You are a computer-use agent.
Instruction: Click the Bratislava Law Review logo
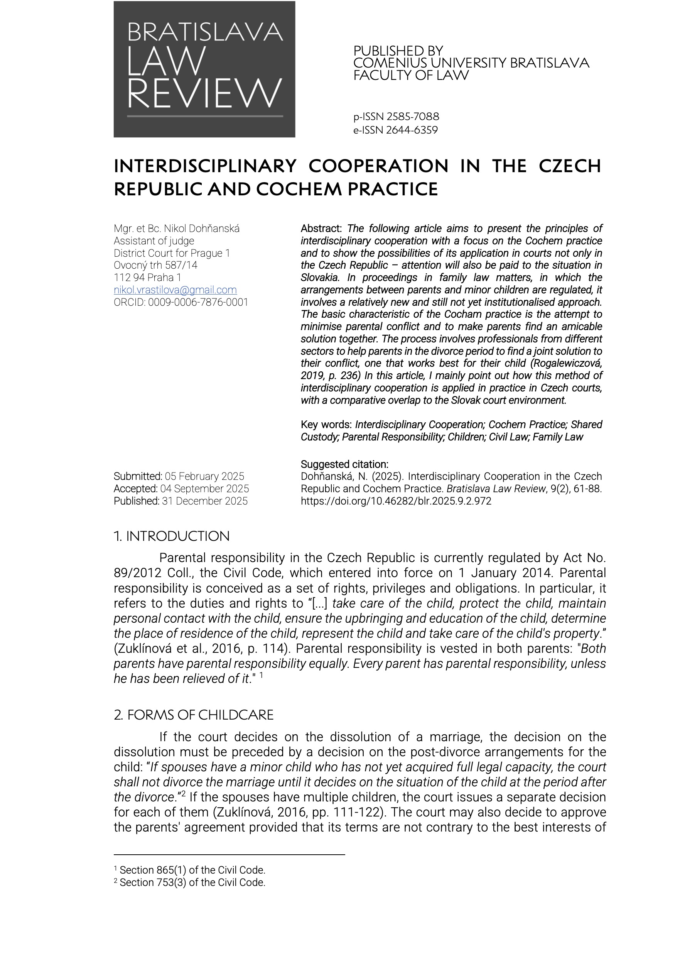pyautogui.click(x=204, y=69)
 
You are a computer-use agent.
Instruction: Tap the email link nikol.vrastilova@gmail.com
pyautogui.click(x=175, y=290)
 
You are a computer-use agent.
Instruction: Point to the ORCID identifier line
pyautogui.click(x=181, y=302)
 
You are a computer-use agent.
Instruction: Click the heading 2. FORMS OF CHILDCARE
pyautogui.click(x=194, y=715)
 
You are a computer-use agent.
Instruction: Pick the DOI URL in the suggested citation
pyautogui.click(x=396, y=501)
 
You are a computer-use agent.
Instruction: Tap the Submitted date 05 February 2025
pyautogui.click(x=204, y=476)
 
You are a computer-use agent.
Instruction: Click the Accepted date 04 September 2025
pyautogui.click(x=204, y=488)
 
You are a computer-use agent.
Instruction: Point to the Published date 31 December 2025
pyautogui.click(x=205, y=501)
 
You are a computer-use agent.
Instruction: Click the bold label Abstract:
pyautogui.click(x=321, y=229)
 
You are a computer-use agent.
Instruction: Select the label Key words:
pyautogui.click(x=326, y=424)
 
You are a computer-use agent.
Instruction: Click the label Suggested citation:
pyautogui.click(x=344, y=464)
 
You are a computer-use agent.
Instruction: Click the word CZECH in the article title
pyautogui.click(x=570, y=166)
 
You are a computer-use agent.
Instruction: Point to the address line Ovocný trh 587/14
pyautogui.click(x=155, y=265)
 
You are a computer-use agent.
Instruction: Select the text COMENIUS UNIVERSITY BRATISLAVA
pyautogui.click(x=471, y=63)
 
